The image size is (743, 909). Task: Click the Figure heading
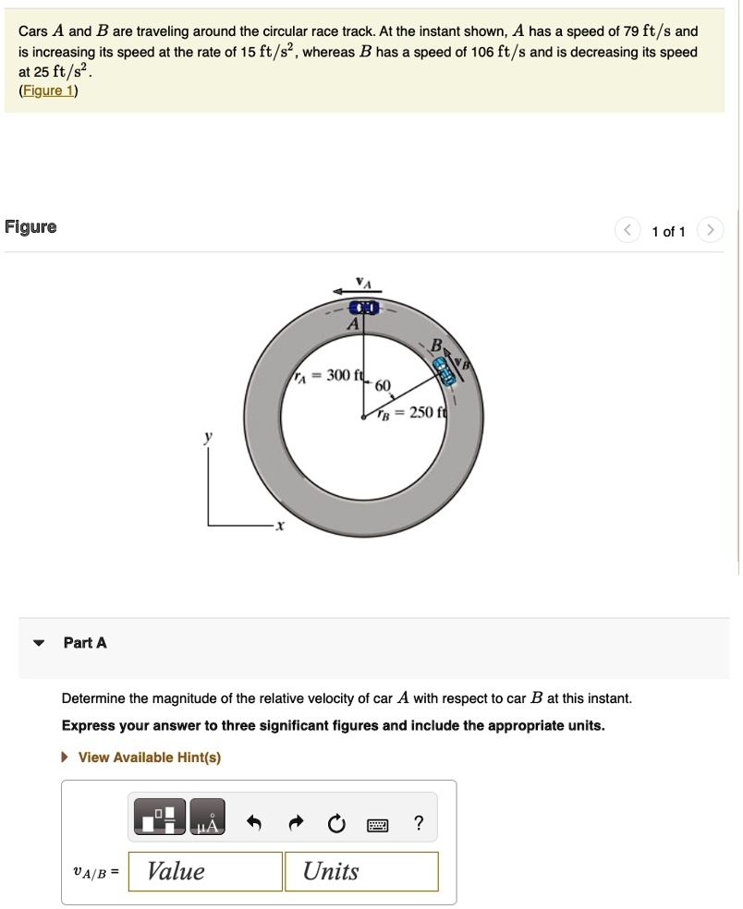pos(30,227)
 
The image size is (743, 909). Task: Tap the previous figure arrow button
pos(627,231)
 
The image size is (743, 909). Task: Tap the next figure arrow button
pos(710,231)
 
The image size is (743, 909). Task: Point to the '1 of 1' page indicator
pos(668,232)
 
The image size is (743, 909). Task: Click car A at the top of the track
pos(364,307)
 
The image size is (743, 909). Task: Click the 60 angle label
pos(383,385)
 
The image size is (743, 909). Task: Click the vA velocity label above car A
pos(362,282)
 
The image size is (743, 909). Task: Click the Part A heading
pos(85,642)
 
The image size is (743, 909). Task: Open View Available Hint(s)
pos(149,757)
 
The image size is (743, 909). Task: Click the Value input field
pos(204,871)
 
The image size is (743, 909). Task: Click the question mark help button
pos(419,823)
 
